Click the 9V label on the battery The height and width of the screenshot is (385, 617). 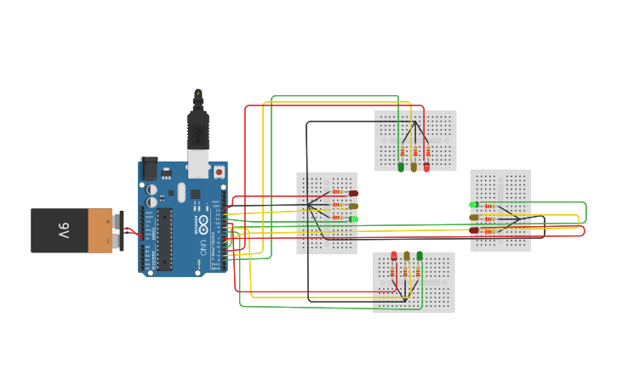[x=64, y=230]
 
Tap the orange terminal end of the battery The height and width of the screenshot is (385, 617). [x=100, y=230]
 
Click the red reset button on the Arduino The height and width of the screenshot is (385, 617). [x=219, y=172]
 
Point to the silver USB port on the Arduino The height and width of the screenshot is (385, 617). [x=198, y=163]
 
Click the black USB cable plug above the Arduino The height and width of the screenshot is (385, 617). [x=198, y=127]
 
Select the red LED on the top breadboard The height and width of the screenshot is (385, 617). [x=426, y=167]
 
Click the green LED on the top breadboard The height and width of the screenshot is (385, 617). [x=401, y=167]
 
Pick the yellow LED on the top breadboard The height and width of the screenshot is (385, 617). [x=414, y=167]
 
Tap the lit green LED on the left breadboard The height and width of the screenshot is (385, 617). [x=353, y=219]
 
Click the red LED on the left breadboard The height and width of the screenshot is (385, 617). [x=353, y=193]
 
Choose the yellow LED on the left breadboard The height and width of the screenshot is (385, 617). [x=353, y=206]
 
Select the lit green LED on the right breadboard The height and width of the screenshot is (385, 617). [x=474, y=204]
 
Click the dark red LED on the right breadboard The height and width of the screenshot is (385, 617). [x=474, y=229]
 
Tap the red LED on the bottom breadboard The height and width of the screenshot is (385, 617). [x=394, y=256]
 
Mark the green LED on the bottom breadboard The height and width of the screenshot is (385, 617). [x=420, y=256]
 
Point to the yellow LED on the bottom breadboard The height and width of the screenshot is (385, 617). [x=407, y=256]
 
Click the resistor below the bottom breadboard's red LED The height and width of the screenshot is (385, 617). [x=393, y=272]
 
